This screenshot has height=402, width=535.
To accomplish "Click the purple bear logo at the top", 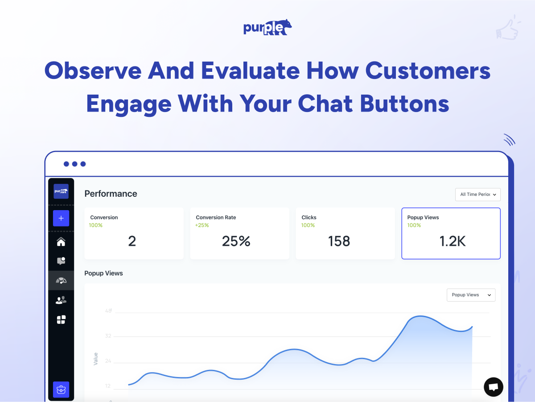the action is (x=267, y=27).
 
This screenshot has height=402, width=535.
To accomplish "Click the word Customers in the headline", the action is (x=428, y=71).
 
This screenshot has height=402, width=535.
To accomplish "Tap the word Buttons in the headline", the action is (x=404, y=104).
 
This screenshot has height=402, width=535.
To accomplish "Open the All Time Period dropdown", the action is (x=478, y=195).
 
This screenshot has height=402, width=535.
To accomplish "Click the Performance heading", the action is (x=111, y=194).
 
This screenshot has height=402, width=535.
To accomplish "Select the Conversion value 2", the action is (x=132, y=241).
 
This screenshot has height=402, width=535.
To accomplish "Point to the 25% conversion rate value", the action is (x=236, y=241).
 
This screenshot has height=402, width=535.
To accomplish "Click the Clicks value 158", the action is (x=339, y=241).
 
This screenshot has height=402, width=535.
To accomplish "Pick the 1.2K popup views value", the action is (x=453, y=241).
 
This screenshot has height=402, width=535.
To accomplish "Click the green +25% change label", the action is (x=202, y=225).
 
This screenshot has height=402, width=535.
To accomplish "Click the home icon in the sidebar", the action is (x=61, y=242).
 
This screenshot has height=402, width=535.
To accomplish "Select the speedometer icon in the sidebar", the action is (x=61, y=281).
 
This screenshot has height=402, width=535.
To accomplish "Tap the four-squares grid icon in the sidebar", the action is (x=61, y=319).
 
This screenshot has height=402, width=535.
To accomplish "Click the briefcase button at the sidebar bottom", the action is (x=61, y=390).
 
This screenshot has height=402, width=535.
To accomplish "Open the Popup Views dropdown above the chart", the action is (x=471, y=295).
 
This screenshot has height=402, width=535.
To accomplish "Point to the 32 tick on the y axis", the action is (x=108, y=336).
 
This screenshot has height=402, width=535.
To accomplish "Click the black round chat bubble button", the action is (x=494, y=387).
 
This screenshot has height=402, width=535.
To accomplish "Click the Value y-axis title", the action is (x=95, y=359).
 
